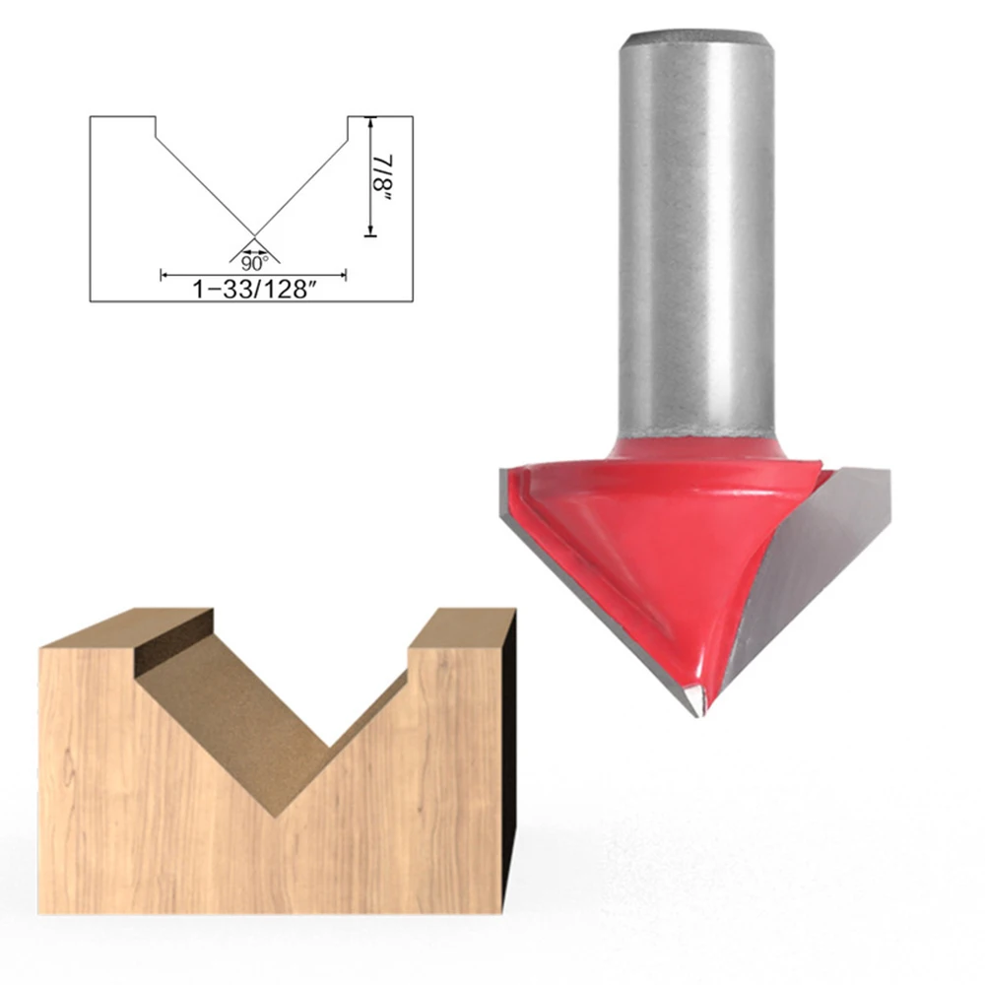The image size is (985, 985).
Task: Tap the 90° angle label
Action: (255, 263)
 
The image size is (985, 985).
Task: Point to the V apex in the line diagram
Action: (254, 236)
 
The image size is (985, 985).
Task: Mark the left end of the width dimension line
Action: (163, 276)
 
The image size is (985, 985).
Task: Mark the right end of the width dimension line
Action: (345, 276)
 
